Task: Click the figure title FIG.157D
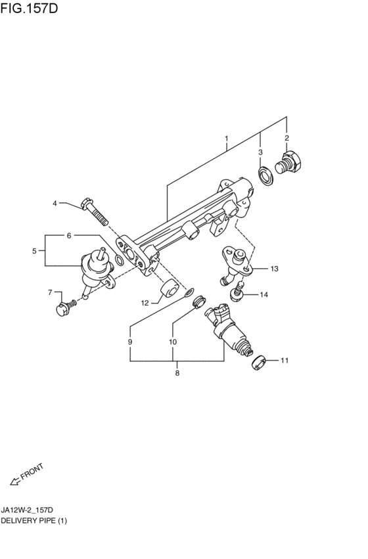pos(29,8)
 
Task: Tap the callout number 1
pos(227,139)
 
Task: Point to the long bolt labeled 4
pos(95,212)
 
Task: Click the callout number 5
pos(34,251)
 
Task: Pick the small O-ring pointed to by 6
pos(120,261)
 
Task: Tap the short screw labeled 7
pos(66,307)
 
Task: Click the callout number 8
pos(177,373)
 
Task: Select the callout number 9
pos(130,342)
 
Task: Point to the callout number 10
pos(173,342)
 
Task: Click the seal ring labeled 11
pos(258,363)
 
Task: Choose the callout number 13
pos(274,269)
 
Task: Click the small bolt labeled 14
pos(237,291)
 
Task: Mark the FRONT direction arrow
pos(16,481)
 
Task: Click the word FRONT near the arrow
pos(32,471)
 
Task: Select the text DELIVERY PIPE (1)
pos(34,520)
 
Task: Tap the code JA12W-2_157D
pos(27,510)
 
